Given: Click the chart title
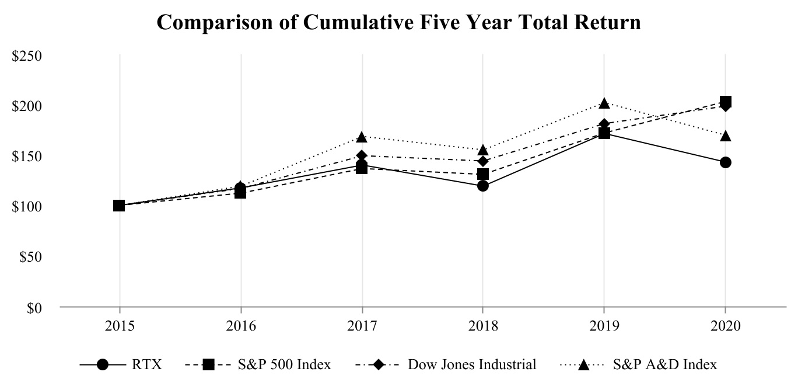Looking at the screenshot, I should [x=399, y=23].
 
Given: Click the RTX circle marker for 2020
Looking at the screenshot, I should [x=725, y=162].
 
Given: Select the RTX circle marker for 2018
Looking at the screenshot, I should [x=482, y=186].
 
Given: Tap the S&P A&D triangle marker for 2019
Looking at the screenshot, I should [x=604, y=103].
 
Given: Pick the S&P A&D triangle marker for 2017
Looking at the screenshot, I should [x=362, y=137].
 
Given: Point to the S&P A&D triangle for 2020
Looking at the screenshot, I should [x=725, y=136].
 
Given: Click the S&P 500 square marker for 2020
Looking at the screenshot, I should [x=725, y=102].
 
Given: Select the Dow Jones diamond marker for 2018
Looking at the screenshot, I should [x=482, y=161].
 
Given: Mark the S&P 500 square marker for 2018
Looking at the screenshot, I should [x=482, y=174].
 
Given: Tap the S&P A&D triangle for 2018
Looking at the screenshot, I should [x=482, y=150].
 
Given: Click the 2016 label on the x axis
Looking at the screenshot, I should [x=240, y=325].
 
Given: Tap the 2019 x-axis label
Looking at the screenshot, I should [x=604, y=325].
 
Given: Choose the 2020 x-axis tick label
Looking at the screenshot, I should [x=725, y=325].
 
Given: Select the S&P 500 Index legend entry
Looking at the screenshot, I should [x=258, y=365].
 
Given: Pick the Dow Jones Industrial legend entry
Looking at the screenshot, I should [x=446, y=365].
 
